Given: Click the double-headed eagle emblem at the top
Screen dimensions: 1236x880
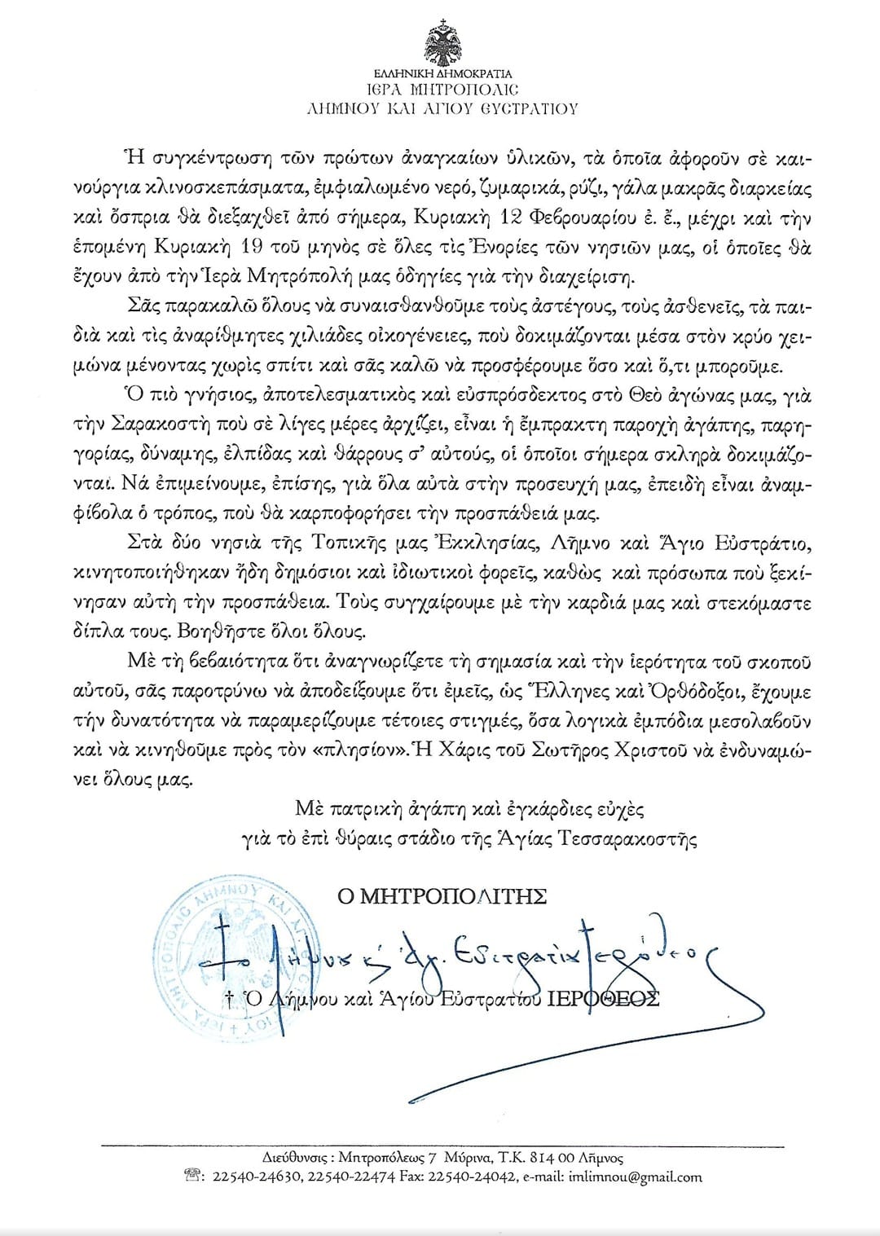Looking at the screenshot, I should pos(442,44).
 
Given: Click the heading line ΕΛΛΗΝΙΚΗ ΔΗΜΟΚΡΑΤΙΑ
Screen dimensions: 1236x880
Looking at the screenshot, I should pos(442,73).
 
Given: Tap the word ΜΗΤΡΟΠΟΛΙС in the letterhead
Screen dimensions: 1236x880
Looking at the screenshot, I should pos(467,90).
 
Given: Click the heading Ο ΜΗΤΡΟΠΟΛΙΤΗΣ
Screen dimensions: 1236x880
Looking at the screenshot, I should pos(442,896).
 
